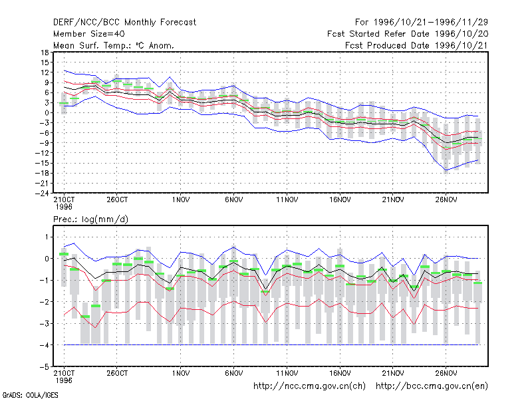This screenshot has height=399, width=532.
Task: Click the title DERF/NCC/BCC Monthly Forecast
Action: point(124,23)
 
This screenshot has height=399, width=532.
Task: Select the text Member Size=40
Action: point(89,34)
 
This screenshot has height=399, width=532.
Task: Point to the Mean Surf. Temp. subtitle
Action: point(114,45)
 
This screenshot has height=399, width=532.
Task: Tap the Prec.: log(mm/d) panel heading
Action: point(90,219)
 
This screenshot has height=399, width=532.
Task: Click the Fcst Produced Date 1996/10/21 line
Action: point(416,45)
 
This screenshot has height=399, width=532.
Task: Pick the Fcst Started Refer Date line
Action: point(408,34)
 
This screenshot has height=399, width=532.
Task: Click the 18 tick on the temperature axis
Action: point(45,53)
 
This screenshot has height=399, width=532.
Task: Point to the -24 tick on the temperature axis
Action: point(42,193)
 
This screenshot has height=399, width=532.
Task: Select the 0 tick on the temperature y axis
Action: point(47,112)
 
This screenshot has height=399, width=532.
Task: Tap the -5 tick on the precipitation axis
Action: point(45,367)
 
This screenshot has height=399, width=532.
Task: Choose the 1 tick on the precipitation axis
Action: point(47,237)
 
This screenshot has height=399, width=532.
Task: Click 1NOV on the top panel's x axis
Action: point(180,199)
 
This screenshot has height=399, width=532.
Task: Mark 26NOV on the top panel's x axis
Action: point(446,199)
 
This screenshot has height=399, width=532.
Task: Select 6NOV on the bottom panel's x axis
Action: point(234,373)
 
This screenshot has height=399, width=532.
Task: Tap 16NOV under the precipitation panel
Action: point(340,373)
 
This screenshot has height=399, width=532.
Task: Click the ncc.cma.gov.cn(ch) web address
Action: point(309,386)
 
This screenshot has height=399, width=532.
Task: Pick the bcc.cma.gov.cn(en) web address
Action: point(432,386)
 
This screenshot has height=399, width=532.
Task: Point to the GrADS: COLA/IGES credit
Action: point(30,395)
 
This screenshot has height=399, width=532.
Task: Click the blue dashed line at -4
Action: point(271,344)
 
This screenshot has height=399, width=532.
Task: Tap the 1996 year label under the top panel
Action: point(64,207)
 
